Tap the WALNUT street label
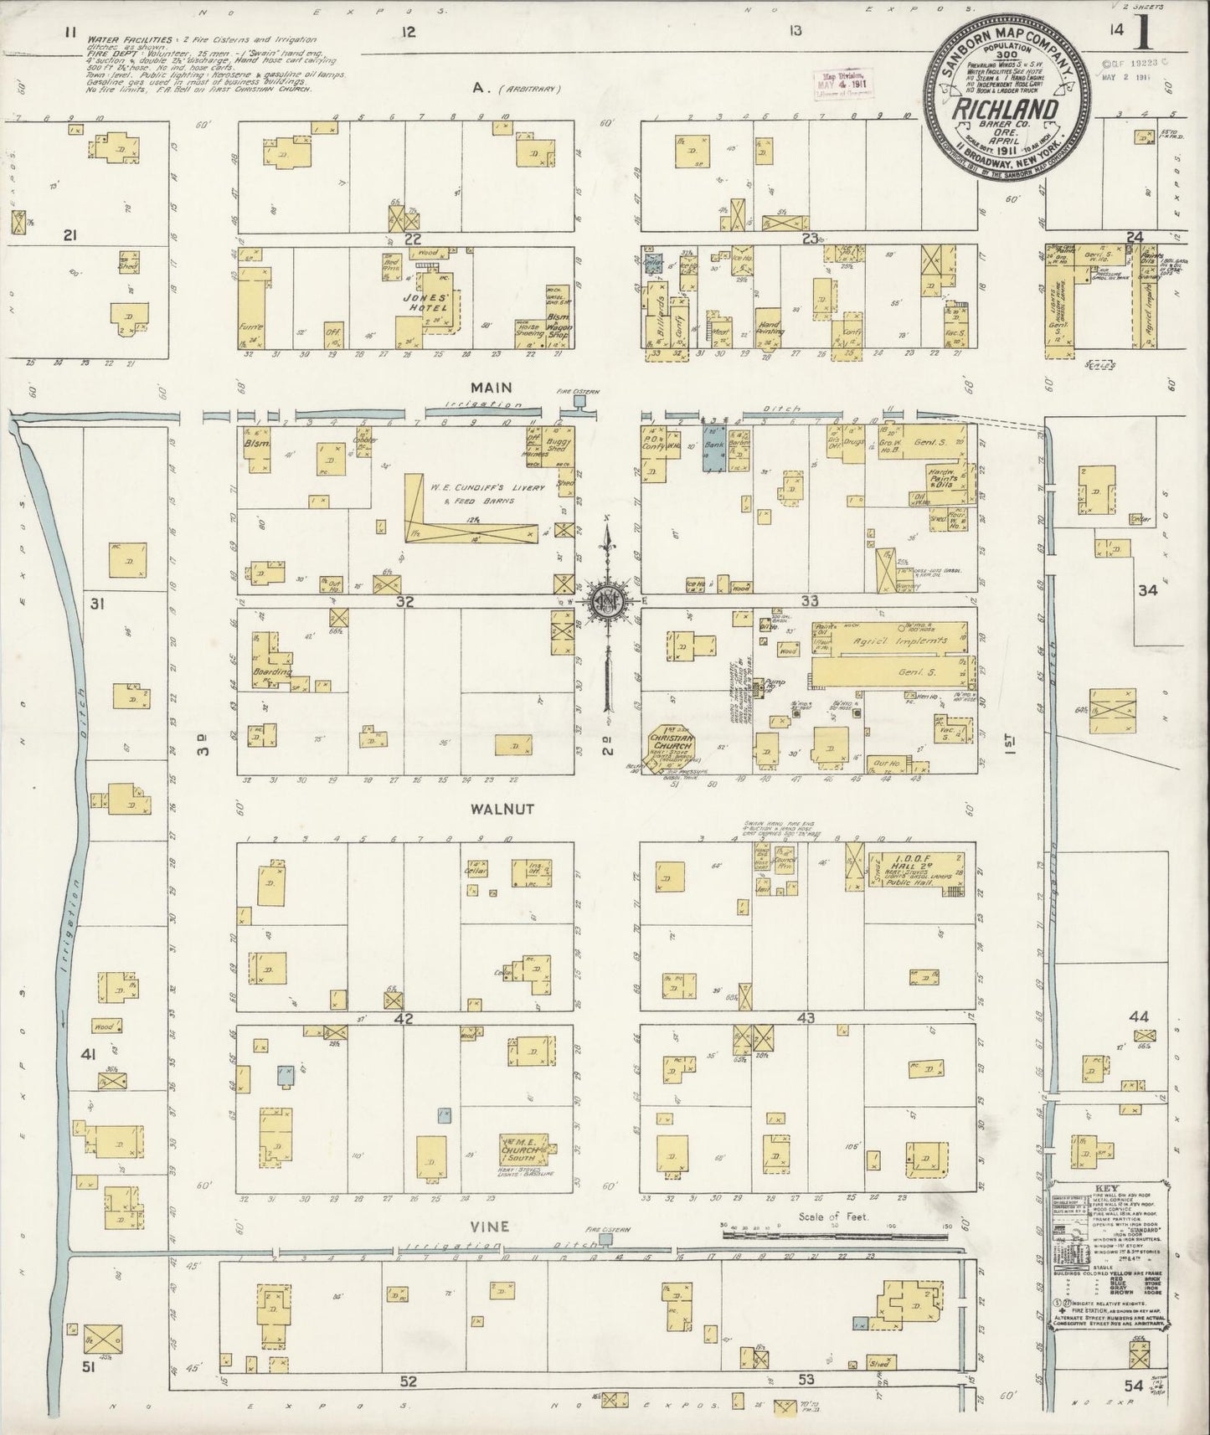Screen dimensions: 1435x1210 [x=514, y=810]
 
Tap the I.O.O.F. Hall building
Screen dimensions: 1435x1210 [x=919, y=872]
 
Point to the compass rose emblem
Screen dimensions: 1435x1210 [x=606, y=599]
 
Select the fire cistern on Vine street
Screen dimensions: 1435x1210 [x=606, y=1238]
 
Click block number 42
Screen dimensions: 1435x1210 [x=404, y=1019]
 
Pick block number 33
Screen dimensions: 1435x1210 [x=809, y=600]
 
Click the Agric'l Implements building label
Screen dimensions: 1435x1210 [x=898, y=640]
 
